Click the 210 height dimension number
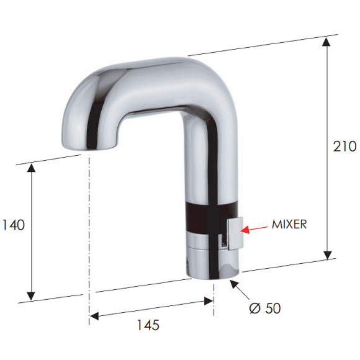click(345, 146)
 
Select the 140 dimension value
click(14, 225)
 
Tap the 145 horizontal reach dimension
click(147, 325)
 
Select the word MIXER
click(289, 225)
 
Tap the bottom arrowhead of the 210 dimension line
click(326, 255)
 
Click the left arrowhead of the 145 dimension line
click(94, 315)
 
